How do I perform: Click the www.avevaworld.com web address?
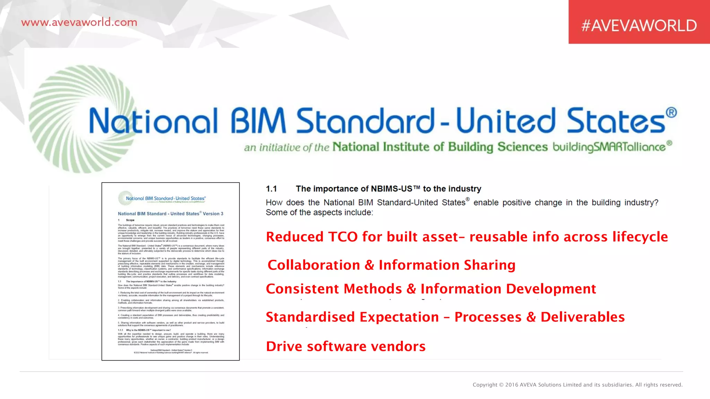(x=79, y=23)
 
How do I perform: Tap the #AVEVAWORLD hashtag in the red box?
(x=639, y=26)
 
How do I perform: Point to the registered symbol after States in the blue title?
(x=671, y=113)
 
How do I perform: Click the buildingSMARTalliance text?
(x=609, y=147)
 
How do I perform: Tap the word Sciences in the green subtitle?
(x=522, y=147)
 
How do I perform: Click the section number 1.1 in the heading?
(x=271, y=189)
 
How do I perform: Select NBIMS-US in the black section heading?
(x=391, y=189)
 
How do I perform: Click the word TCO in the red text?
(x=343, y=237)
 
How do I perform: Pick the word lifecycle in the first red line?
(x=640, y=237)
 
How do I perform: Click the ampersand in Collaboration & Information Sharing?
(x=370, y=265)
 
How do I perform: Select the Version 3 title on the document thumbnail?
(x=171, y=214)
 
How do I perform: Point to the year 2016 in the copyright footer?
(x=512, y=385)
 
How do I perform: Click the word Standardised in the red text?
(x=310, y=317)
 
